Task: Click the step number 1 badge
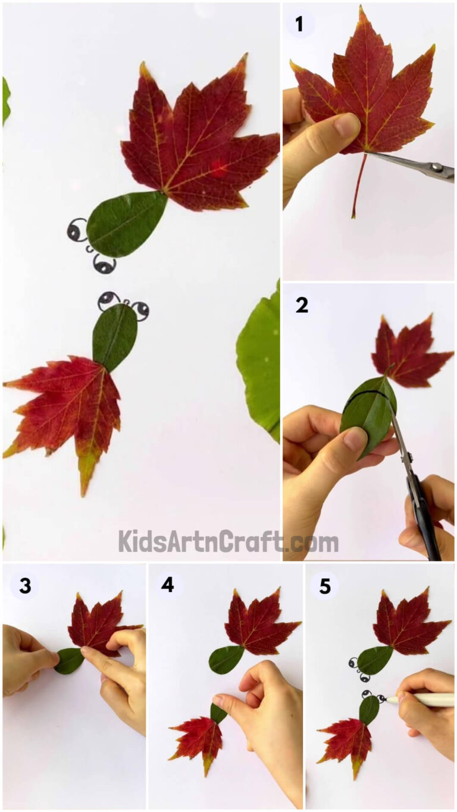[x=299, y=24]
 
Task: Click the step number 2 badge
[x=302, y=305]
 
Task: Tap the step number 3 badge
[x=24, y=586]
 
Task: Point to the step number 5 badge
[x=324, y=586]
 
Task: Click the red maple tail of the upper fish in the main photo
[x=196, y=143]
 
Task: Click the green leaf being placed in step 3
[x=70, y=660]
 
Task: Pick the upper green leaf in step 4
[x=226, y=659]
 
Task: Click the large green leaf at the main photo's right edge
[x=260, y=363]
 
